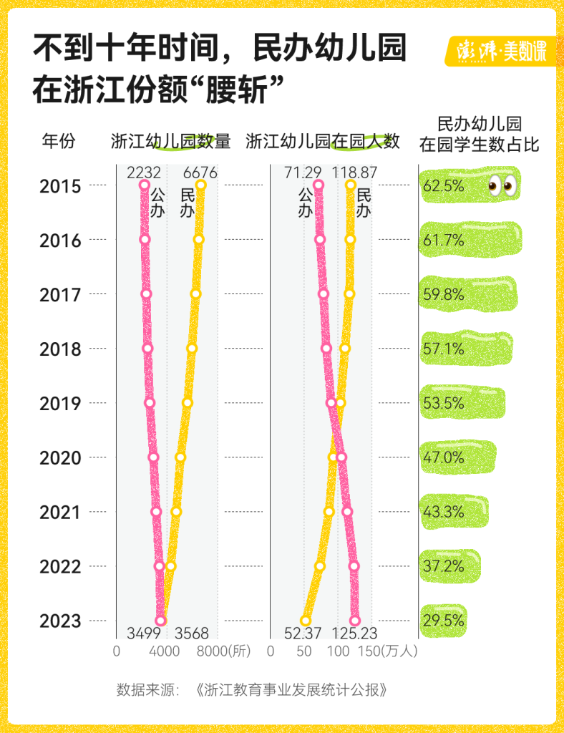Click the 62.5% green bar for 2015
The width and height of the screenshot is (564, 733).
pos(470,185)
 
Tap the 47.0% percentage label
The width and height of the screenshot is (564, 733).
pos(443,457)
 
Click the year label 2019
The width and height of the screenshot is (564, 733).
pos(60,403)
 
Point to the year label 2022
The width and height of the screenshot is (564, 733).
pos(60,566)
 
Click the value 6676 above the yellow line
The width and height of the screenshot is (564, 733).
pos(200,173)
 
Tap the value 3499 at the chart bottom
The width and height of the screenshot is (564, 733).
pos(144,634)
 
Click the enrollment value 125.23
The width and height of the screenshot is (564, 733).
pos(354,634)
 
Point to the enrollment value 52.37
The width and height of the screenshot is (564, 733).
pos(305,634)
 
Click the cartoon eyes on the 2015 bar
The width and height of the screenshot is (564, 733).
pos(502,185)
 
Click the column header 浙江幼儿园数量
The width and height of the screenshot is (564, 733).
pos(170,141)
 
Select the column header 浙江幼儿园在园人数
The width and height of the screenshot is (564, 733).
pos(322,141)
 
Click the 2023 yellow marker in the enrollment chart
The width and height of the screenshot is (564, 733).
pos(306,621)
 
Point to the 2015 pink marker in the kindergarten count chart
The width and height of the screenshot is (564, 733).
pos(145,185)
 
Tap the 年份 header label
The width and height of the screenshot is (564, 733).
pos(58,141)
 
